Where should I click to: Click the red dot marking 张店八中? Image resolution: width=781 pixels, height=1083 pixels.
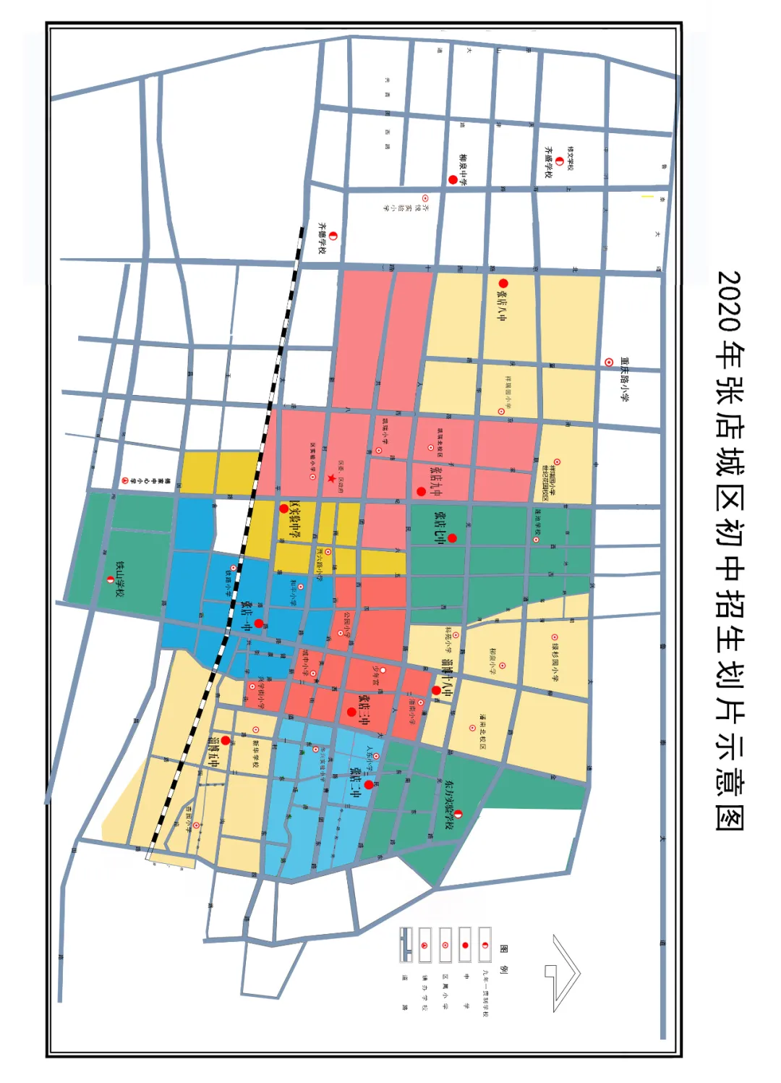503,284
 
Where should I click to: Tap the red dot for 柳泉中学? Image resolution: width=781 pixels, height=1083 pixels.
453,179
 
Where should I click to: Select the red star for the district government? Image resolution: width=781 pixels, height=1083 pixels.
331,478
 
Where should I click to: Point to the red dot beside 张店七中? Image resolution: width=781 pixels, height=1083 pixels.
452,538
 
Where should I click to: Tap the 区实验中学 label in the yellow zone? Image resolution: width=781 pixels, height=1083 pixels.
294,519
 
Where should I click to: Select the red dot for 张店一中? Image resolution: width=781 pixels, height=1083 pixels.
259,623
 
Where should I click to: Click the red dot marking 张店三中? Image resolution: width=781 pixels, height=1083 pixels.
351,712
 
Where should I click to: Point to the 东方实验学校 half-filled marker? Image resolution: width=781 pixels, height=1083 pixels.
458,815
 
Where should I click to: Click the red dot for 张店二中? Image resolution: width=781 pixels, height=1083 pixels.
369,784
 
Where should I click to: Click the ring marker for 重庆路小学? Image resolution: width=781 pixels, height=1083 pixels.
609,362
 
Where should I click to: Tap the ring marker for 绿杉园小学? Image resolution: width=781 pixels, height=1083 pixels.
555,647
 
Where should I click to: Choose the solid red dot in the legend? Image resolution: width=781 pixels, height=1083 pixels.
465,946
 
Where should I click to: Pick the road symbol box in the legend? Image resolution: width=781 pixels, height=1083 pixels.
406,945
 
